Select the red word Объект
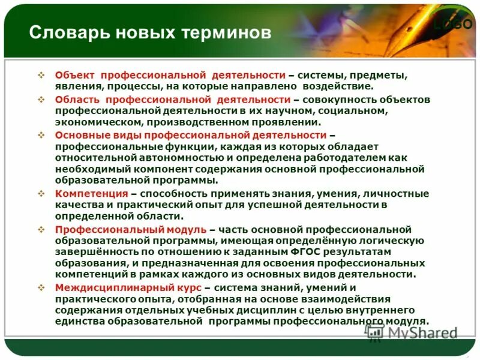[76, 76]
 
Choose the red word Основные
[80, 135]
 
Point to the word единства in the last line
[79, 322]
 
